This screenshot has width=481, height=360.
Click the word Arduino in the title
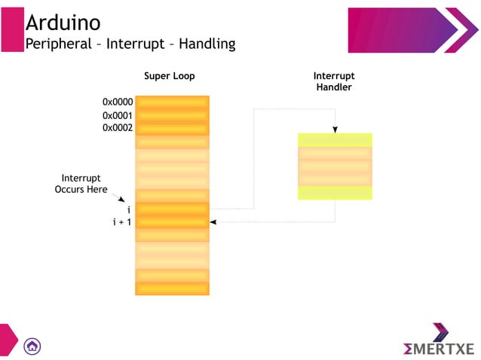click(x=63, y=23)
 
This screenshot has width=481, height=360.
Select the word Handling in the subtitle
click(x=204, y=44)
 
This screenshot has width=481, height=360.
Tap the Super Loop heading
click(x=169, y=76)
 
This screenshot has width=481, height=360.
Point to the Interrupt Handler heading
click(x=333, y=81)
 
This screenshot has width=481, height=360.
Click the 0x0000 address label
click(x=118, y=102)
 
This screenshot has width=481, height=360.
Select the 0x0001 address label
click(x=118, y=115)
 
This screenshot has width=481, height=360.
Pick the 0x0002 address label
click(x=118, y=128)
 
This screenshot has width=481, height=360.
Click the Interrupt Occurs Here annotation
click(x=81, y=184)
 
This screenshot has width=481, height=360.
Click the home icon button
click(x=32, y=346)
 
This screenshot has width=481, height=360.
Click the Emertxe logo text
click(x=438, y=349)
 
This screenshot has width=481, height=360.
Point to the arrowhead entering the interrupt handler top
click(x=335, y=130)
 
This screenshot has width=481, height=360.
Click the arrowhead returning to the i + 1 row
click(x=213, y=222)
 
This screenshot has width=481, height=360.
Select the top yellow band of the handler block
click(x=334, y=140)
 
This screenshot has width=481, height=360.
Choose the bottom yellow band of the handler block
click(x=334, y=193)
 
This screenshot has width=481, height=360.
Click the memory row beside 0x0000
click(x=172, y=102)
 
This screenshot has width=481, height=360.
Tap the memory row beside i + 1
click(x=172, y=222)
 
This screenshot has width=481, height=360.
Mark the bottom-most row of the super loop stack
click(x=172, y=288)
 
